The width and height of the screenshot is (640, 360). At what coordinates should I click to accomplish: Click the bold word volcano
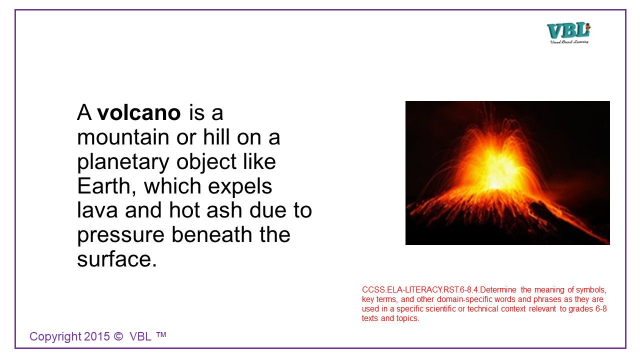139,113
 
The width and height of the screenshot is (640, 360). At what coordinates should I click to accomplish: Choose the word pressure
120,235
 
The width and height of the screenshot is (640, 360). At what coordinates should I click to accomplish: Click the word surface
116,259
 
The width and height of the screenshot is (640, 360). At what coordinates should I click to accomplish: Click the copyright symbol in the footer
118,336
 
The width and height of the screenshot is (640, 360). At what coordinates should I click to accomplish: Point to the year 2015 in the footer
97,336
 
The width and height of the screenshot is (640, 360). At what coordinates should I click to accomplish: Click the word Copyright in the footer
54,337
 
